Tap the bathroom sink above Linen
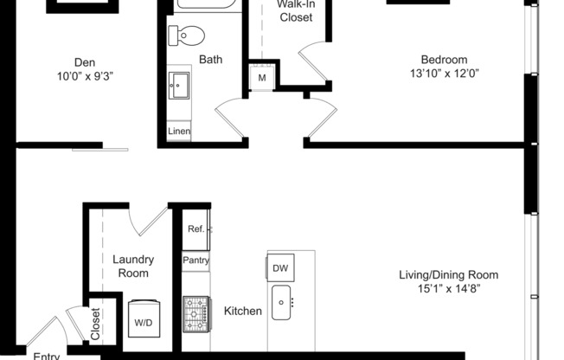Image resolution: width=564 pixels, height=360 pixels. (x=181, y=85)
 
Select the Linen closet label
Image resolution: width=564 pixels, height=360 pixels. (x=179, y=132)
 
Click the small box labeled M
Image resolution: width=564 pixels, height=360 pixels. (x=261, y=78)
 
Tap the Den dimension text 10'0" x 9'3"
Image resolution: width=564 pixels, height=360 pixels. (x=84, y=75)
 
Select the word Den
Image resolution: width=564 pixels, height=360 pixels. (x=84, y=61)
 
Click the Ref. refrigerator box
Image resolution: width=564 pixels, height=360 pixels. (x=196, y=229)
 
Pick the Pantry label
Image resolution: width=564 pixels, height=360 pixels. (x=195, y=260)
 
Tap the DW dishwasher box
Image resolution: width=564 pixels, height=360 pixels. (x=280, y=267)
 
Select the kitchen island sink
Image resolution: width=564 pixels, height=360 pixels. (x=282, y=302)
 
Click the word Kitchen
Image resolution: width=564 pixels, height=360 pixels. (x=243, y=311)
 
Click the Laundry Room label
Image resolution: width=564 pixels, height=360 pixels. (x=133, y=266)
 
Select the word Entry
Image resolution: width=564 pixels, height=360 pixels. (x=47, y=355)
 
